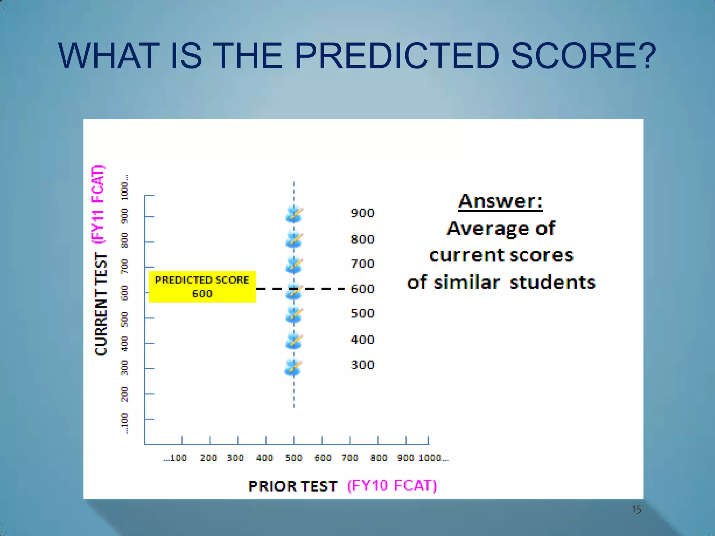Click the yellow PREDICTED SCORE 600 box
point(202,286)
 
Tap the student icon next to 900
point(294,214)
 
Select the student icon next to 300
point(293,367)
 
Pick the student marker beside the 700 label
point(294,265)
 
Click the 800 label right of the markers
point(362,239)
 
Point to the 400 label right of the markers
point(362,340)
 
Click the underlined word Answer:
point(500,201)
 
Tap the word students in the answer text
point(552,282)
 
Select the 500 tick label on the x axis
point(294,458)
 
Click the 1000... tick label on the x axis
point(433,458)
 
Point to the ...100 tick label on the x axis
point(175,458)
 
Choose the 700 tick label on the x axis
point(350,458)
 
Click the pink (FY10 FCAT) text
point(392,485)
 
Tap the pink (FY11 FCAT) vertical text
point(98,204)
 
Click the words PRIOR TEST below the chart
point(293,486)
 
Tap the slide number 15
point(636,509)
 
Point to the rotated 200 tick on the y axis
point(124,394)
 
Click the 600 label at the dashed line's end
point(362,289)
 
